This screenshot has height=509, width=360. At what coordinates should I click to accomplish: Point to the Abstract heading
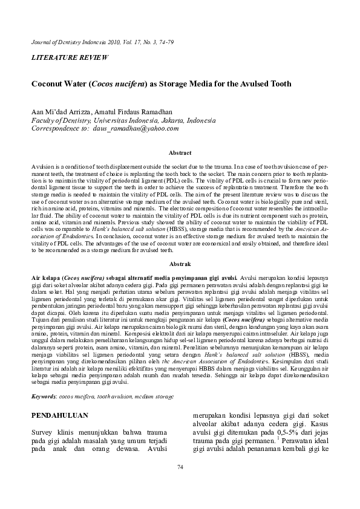point(180,154)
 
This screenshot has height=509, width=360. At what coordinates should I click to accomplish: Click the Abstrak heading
point(180,264)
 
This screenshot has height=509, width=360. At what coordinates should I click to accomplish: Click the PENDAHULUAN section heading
point(60,415)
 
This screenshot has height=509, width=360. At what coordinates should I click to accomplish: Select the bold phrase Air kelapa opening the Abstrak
point(44,274)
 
